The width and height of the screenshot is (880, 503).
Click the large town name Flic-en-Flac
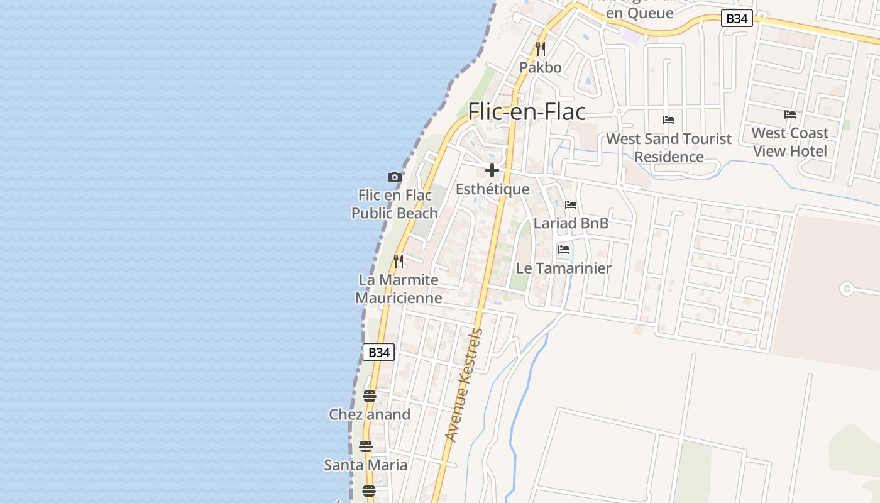[527, 112]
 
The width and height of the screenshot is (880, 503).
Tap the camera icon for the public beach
[395, 177]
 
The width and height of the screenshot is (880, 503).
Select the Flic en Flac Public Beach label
[395, 204]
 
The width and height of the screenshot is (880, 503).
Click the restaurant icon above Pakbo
[541, 48]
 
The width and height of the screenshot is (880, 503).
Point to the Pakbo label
[541, 67]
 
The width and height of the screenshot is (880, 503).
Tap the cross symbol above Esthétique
[492, 170]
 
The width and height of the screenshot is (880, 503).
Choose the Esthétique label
[492, 189]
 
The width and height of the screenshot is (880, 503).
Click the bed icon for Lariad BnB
[571, 205]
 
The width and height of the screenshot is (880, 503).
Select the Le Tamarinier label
[564, 268]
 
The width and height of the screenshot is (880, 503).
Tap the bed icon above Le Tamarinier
[564, 250]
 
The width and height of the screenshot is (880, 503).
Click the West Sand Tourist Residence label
[669, 148]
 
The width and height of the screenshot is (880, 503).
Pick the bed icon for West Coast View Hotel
[790, 114]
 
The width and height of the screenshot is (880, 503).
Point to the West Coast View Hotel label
[790, 142]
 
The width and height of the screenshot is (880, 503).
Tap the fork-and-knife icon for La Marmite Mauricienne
[399, 261]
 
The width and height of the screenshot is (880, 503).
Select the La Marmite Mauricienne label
[399, 289]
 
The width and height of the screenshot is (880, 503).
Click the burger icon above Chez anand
[369, 396]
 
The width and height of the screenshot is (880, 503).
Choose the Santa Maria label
[365, 465]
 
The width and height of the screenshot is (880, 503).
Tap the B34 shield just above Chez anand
[379, 352]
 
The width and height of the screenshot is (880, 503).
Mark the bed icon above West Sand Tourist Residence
[669, 120]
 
